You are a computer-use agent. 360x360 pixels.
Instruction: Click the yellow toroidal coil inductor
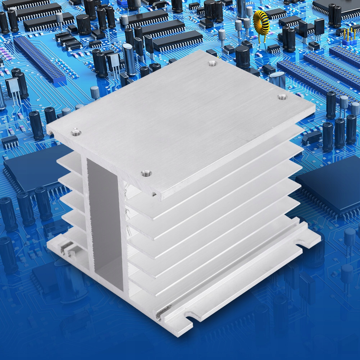[x=261, y=23]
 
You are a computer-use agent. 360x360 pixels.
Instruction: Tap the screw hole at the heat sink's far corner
[x=211, y=64]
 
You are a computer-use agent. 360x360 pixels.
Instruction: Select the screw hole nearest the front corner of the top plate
[x=145, y=174]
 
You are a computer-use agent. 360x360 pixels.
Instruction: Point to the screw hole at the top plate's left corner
[x=75, y=133]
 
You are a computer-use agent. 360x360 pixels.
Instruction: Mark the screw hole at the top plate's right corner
[x=282, y=96]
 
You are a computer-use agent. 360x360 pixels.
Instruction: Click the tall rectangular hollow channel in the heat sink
[x=105, y=223]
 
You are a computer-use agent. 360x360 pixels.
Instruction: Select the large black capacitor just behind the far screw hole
[x=242, y=56]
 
